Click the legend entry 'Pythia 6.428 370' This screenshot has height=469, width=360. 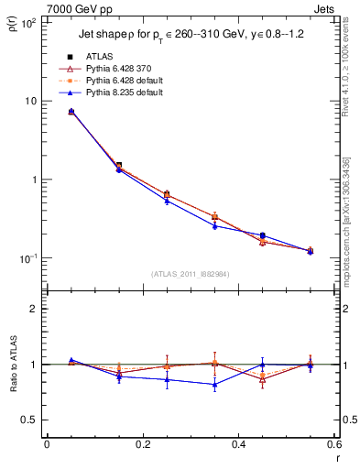point(117,69)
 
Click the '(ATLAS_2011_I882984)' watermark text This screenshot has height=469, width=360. point(190,274)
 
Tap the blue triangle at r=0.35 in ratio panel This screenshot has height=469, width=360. point(214,385)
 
